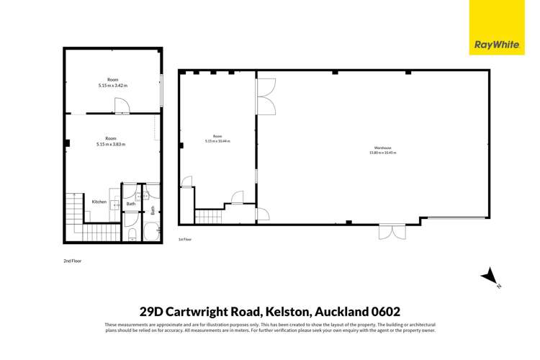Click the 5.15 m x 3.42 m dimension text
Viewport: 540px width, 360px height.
tap(112, 86)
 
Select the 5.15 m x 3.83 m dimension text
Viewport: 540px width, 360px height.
tap(111, 144)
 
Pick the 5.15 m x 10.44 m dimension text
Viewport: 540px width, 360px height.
tap(217, 141)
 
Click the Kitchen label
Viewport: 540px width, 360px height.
tap(99, 202)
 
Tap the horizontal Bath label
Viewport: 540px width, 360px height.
tap(131, 204)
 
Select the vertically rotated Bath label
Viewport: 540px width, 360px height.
tap(153, 210)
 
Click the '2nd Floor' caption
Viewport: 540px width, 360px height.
tap(72, 261)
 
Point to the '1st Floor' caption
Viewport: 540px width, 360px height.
tap(184, 238)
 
